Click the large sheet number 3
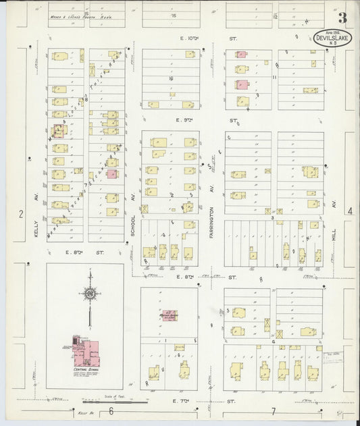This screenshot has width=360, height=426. pyautogui.click(x=343, y=18)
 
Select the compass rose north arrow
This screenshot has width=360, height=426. pyautogui.click(x=90, y=292)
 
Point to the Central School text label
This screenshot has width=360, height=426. pyautogui.click(x=82, y=371)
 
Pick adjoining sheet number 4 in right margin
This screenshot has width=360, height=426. pyautogui.click(x=350, y=211)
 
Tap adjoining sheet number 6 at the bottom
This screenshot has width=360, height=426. pyautogui.click(x=109, y=410)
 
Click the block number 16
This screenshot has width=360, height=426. pyautogui.click(x=172, y=78)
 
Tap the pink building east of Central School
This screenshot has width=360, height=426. pyautogui.click(x=170, y=315)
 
